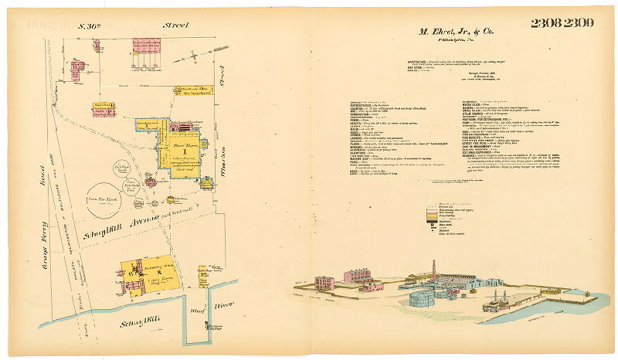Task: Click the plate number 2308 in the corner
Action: pyautogui.click(x=545, y=23)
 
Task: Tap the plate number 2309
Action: pyautogui.click(x=579, y=23)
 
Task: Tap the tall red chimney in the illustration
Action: pyautogui.click(x=433, y=268)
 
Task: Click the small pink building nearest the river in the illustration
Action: pyautogui.click(x=495, y=306)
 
